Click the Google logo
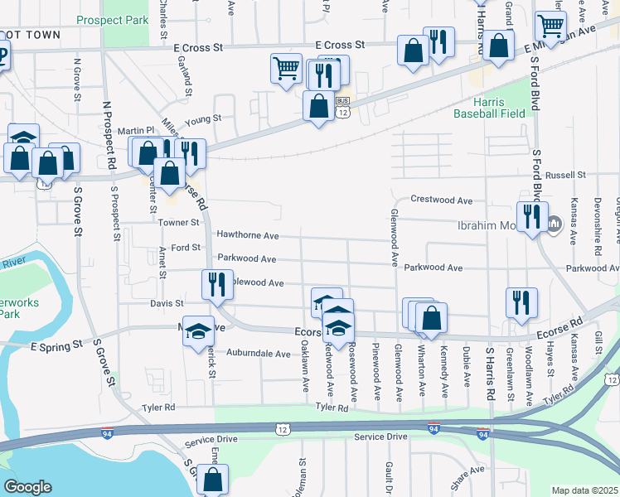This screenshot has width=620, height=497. (x=27, y=486)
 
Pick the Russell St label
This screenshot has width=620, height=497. (x=565, y=176)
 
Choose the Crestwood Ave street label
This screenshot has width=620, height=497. (x=442, y=200)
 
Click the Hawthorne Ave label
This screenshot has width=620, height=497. (x=247, y=235)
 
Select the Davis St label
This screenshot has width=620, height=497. (x=167, y=304)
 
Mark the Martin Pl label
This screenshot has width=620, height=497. (x=136, y=131)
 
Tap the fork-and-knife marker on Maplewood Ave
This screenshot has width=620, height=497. (x=214, y=284)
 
